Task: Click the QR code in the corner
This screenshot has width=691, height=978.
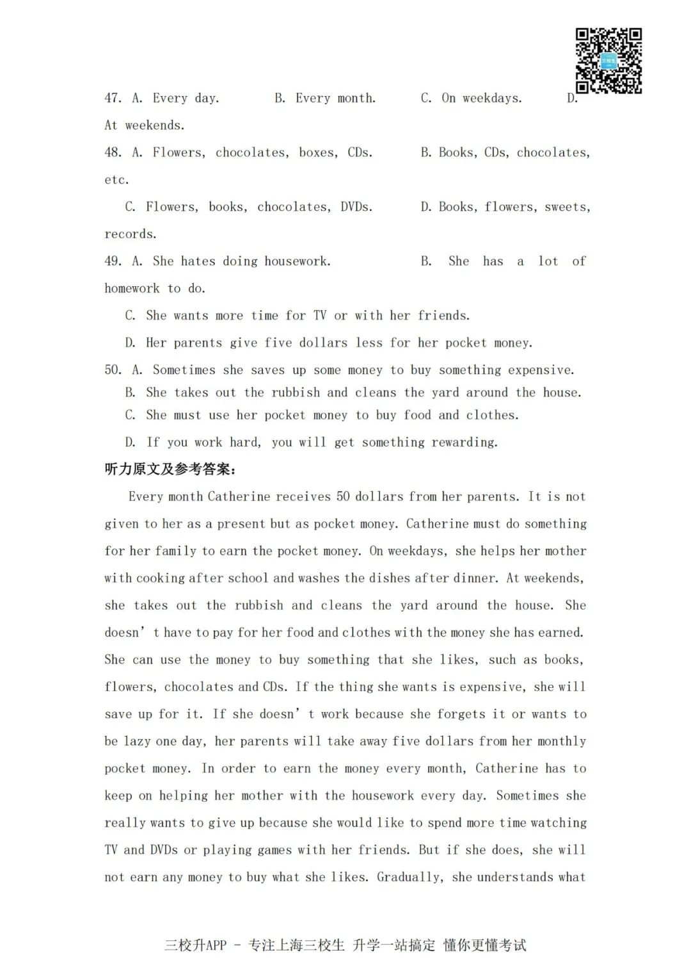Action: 608,61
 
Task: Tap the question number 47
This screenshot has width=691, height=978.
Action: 113,98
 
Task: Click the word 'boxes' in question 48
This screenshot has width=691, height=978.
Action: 317,152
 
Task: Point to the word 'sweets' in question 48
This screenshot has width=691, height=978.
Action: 566,207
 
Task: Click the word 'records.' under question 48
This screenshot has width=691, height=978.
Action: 131,234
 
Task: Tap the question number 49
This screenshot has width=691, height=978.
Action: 113,261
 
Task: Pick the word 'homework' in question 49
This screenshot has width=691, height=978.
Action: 132,289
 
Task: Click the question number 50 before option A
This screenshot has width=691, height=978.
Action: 113,370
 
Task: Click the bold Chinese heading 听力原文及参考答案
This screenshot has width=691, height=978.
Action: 170,469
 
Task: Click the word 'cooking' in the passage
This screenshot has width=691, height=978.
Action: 162,578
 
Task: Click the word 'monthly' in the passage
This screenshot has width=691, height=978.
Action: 561,742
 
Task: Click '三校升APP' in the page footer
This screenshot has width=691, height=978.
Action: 196,945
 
